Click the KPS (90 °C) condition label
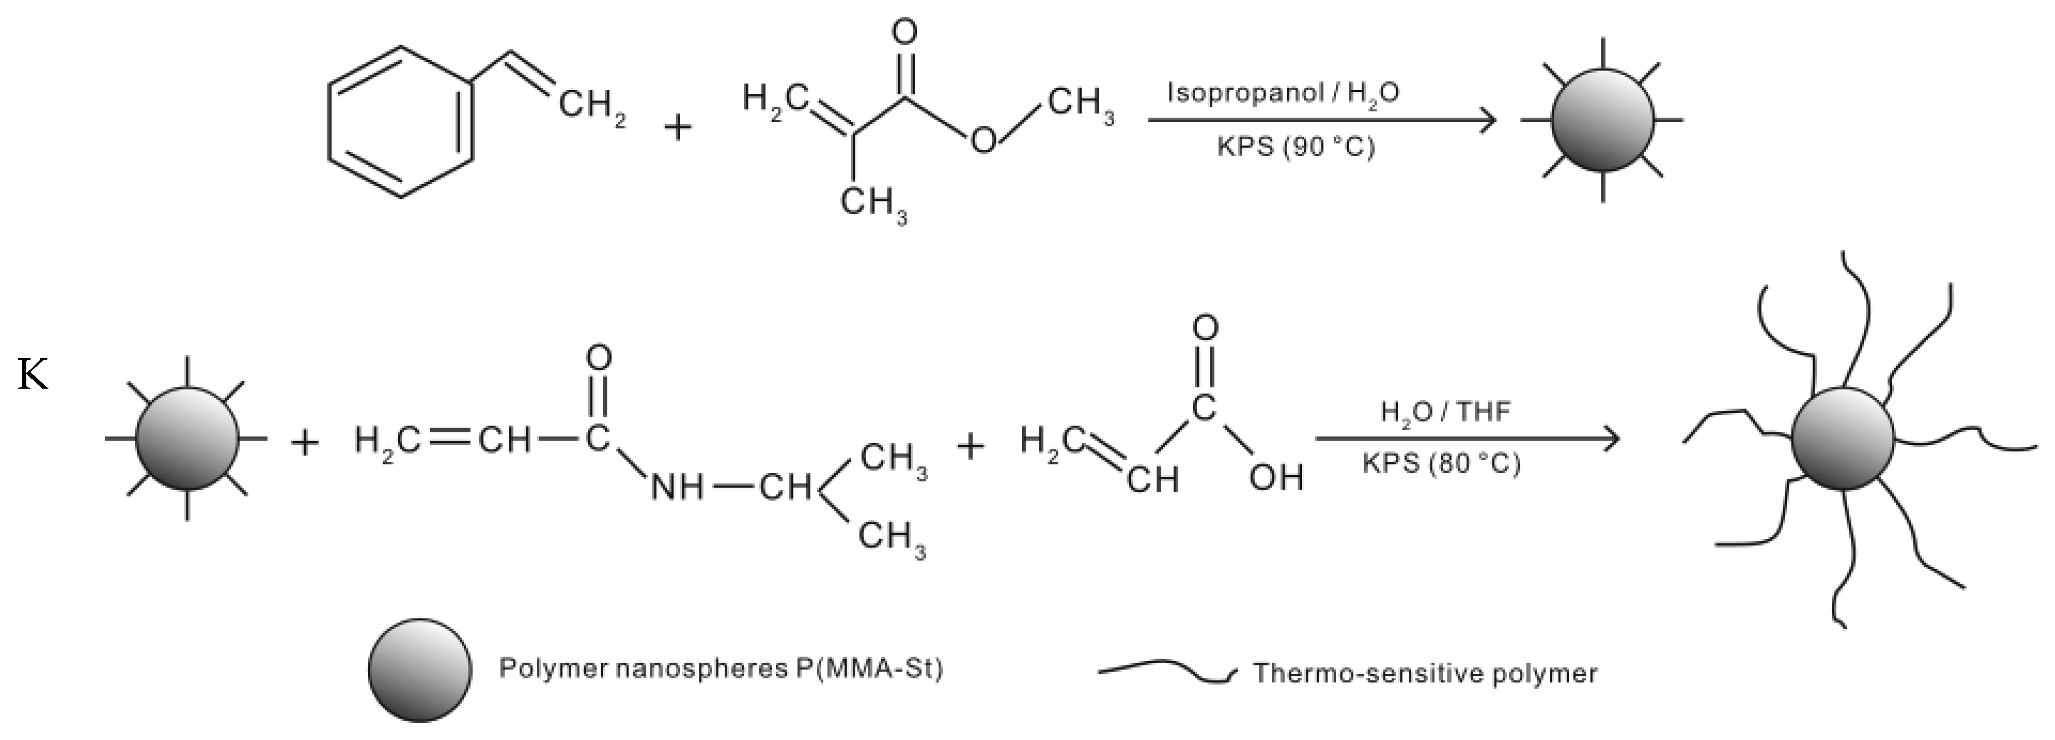tap(1296, 147)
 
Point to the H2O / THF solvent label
tap(1446, 411)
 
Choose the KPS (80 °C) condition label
tap(1441, 463)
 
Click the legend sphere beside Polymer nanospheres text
tap(419, 670)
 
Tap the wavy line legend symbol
tap(1166, 672)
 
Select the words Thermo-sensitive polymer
tap(1425, 674)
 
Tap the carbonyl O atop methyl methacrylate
tap(904, 33)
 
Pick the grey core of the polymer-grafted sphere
tap(1843, 439)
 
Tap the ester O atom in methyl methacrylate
tap(983, 140)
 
